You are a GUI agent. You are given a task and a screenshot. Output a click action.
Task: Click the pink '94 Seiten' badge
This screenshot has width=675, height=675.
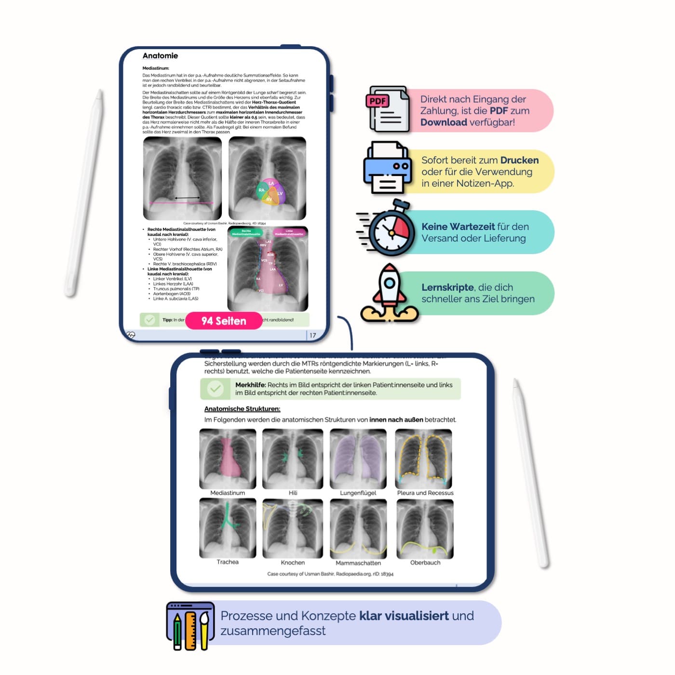click(x=224, y=321)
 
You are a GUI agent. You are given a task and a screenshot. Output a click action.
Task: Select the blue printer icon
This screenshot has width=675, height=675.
click(x=388, y=167)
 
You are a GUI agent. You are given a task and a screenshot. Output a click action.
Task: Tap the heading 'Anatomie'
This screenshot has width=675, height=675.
click(x=160, y=56)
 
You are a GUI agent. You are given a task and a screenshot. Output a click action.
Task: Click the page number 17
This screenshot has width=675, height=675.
click(x=313, y=336)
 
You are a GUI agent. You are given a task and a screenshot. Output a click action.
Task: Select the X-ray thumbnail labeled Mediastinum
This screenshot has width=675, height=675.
click(x=228, y=459)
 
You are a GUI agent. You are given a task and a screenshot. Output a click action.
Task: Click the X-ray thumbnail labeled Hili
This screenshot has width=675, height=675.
click(x=293, y=459)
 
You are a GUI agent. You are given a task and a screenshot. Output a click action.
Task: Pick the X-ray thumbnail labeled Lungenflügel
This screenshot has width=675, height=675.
click(x=358, y=459)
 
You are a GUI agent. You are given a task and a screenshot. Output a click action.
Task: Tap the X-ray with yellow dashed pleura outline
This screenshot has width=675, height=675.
click(x=424, y=459)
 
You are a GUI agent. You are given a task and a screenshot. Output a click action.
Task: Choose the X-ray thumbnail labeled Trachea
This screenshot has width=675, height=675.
click(x=228, y=528)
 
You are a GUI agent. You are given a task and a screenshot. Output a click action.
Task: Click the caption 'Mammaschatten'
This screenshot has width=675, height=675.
click(x=358, y=563)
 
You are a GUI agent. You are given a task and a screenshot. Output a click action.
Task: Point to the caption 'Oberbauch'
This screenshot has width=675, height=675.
click(x=425, y=563)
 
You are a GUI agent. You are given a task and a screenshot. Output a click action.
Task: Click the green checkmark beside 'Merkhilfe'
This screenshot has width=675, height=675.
click(x=215, y=389)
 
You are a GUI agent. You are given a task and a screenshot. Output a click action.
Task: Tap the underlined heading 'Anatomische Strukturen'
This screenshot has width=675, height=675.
click(x=242, y=409)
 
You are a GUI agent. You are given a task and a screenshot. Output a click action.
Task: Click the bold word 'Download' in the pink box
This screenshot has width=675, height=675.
click(x=444, y=122)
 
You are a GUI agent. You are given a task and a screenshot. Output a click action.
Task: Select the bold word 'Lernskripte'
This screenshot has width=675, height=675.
click(x=447, y=287)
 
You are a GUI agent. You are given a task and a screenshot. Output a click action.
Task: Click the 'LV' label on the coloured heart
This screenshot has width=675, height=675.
click(x=280, y=193)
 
